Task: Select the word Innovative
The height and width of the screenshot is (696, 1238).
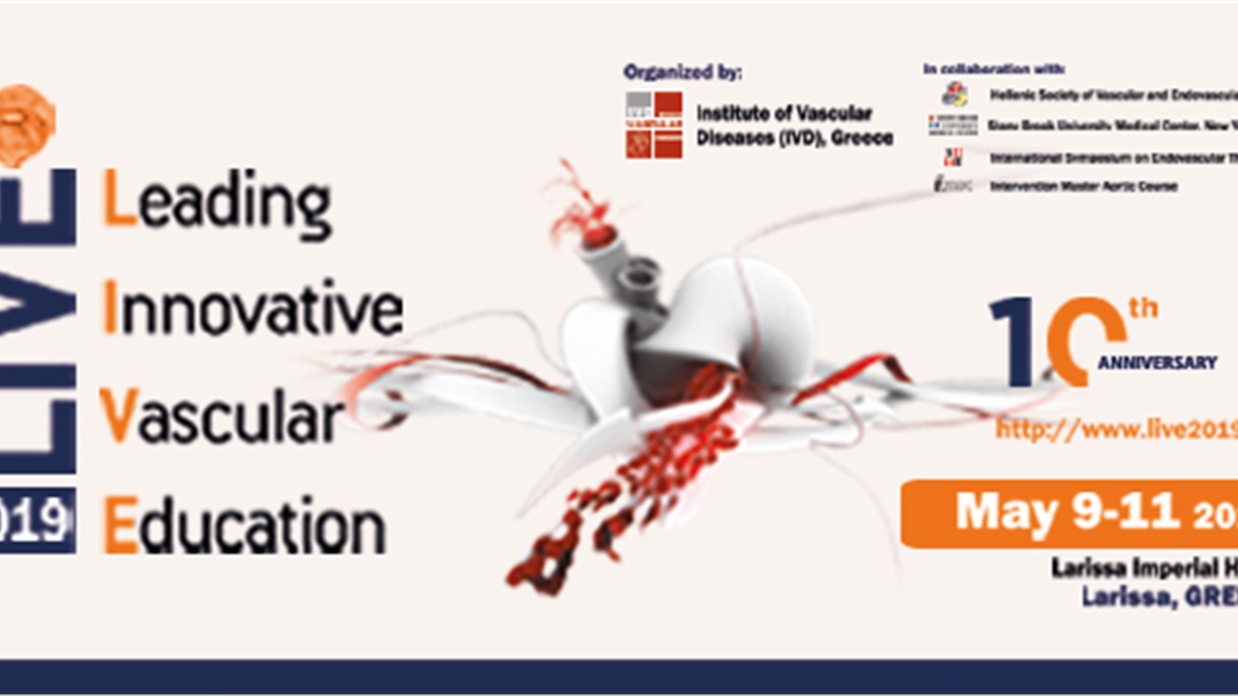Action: (x=251, y=309)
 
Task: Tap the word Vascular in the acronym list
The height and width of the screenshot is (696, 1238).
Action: (x=222, y=418)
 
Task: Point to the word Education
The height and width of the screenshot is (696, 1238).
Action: (x=244, y=528)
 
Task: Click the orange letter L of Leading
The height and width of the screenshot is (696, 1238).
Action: (x=118, y=198)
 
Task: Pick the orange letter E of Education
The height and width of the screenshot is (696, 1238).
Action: (x=120, y=528)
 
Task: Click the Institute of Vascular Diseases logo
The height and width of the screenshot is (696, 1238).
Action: (x=654, y=125)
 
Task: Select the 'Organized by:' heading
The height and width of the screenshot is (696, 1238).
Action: (x=683, y=72)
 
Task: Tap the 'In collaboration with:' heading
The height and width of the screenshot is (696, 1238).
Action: (x=994, y=70)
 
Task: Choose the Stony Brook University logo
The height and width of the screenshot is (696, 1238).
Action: (x=953, y=125)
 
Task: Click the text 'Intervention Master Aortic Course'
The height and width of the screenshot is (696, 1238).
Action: (x=1083, y=186)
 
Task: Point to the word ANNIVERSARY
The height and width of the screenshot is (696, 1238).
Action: (x=1157, y=362)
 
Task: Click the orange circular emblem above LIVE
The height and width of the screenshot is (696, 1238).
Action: (x=26, y=123)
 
